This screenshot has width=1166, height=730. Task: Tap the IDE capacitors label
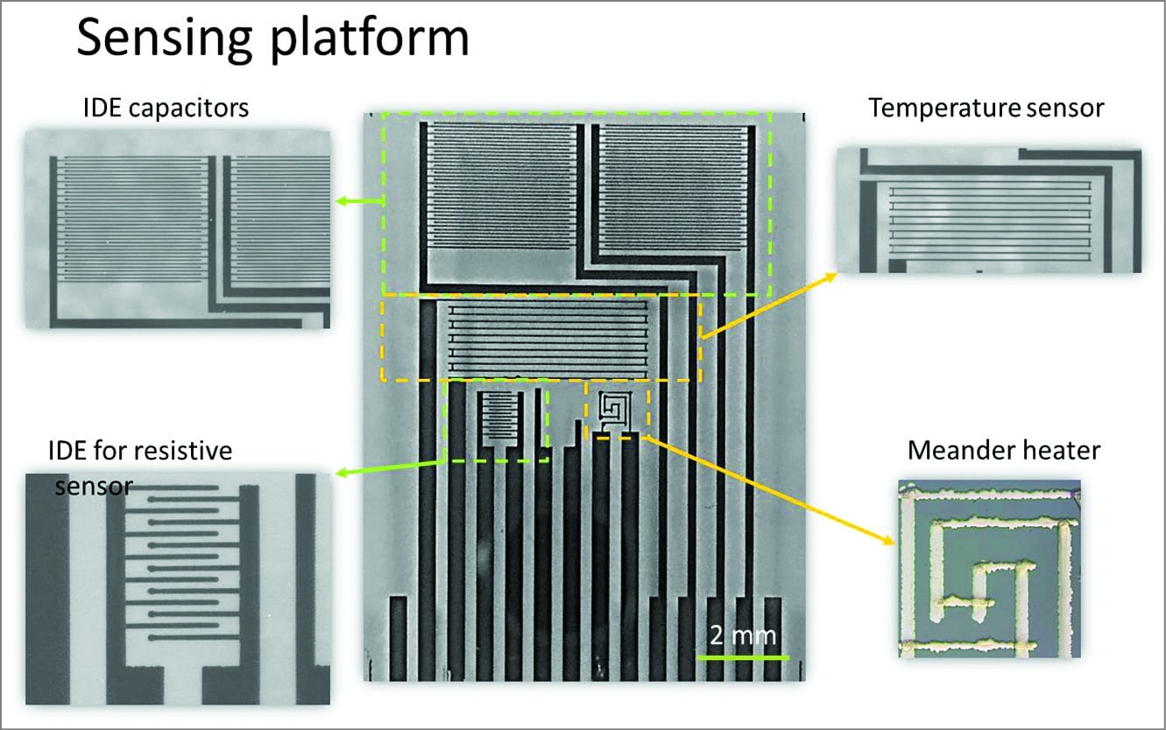166,108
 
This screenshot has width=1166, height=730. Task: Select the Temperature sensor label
986,108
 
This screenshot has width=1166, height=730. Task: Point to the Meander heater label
1004,451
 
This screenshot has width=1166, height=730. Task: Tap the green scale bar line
743,656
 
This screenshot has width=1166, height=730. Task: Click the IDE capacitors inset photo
178,229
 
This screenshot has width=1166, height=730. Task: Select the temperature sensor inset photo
989,210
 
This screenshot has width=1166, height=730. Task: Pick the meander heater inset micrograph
989,568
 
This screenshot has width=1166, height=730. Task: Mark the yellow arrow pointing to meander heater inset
771,490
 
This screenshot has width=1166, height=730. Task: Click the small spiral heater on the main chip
613,409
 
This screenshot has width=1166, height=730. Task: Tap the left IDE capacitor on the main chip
502,186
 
